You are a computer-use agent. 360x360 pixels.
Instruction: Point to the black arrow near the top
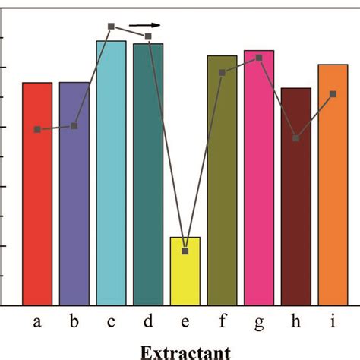click(144, 25)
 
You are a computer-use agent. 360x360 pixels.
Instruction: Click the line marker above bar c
click(111, 27)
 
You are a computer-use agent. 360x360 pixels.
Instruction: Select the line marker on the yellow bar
click(185, 251)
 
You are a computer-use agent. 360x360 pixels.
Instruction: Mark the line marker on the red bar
click(37, 130)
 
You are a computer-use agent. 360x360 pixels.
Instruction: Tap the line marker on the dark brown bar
click(296, 138)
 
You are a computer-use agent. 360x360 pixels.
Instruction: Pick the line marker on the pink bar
click(259, 58)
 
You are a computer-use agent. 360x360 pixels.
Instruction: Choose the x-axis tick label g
click(259, 322)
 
